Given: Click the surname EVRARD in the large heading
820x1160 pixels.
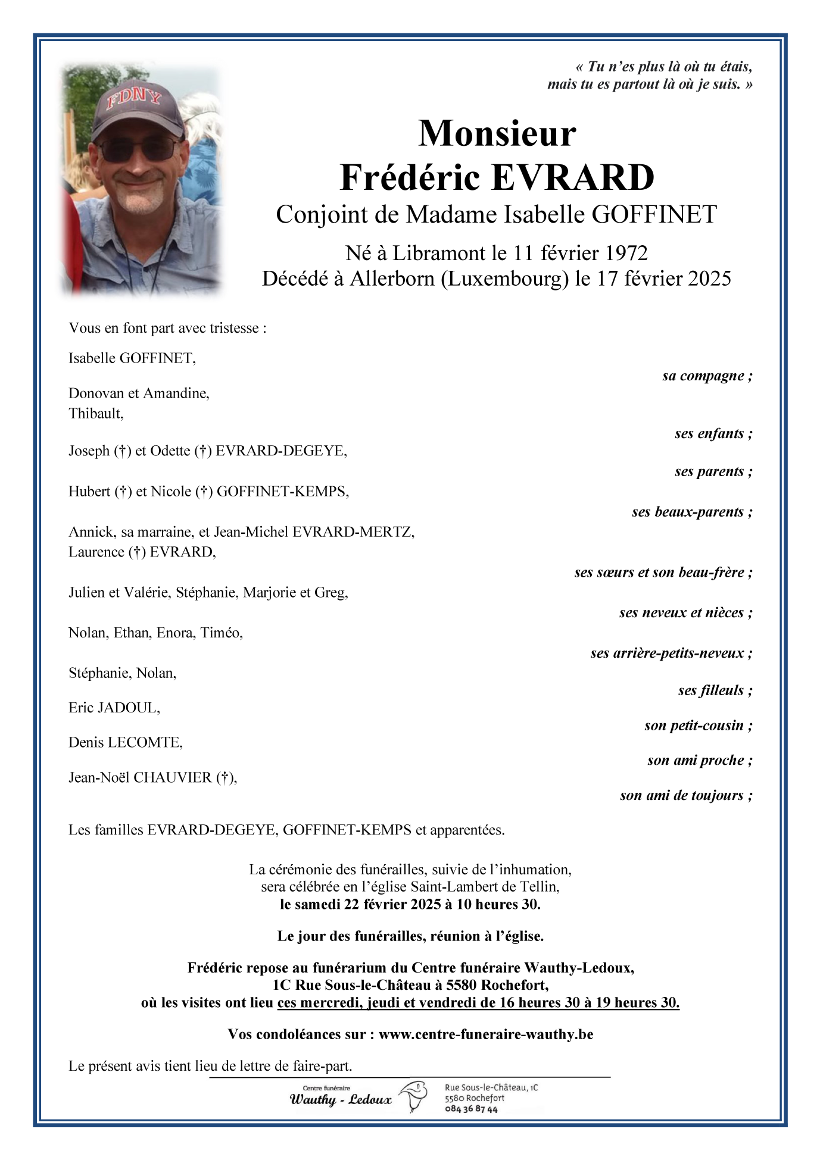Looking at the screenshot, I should [573, 177].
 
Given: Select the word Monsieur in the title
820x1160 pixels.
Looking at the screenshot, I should [497, 133].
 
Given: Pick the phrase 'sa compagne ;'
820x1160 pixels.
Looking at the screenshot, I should [707, 376].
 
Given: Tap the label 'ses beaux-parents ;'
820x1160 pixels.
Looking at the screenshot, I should [692, 512].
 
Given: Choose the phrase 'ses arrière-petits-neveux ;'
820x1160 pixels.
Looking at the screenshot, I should [671, 653].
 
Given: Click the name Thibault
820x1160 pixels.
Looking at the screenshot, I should [95, 414].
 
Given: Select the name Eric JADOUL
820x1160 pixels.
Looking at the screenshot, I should [114, 708].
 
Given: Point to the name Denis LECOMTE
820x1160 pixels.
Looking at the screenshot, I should [125, 742].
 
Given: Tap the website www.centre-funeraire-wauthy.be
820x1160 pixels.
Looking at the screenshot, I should [486, 1034].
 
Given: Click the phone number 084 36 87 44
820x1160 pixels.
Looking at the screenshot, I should [471, 1109].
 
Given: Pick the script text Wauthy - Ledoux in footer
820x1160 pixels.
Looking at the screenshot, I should [341, 1099].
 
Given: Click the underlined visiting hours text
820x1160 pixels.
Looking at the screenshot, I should [478, 1002].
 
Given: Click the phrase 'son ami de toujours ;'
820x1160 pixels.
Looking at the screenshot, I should [686, 795].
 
